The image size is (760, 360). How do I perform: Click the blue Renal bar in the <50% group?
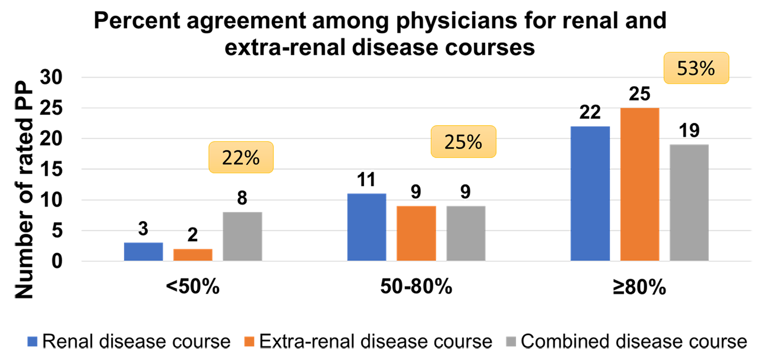click(143, 251)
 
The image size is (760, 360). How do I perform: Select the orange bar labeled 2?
click(193, 254)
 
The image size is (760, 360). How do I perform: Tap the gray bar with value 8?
click(242, 236)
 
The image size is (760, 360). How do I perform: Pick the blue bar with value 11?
click(366, 227)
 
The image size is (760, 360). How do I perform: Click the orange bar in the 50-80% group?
click(416, 233)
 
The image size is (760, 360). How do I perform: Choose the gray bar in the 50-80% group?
click(465, 233)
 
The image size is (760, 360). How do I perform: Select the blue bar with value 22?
click(590, 193)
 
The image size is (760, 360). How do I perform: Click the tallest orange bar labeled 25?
click(639, 184)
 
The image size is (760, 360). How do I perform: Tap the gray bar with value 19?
click(689, 203)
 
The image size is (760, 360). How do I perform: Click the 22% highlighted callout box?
click(240, 157)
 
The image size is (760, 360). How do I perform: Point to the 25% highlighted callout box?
click(463, 142)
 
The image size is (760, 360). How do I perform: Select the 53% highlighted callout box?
click(695, 69)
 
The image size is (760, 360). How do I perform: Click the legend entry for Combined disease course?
click(626, 342)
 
